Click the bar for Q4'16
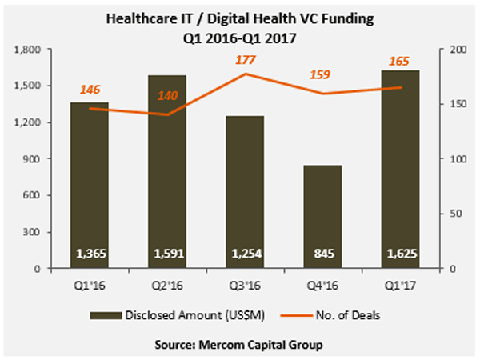(323, 216)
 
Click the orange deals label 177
(245, 59)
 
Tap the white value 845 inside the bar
(323, 255)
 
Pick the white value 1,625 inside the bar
(399, 255)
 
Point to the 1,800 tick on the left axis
(30, 50)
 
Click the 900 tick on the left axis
(35, 159)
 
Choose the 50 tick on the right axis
(452, 214)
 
